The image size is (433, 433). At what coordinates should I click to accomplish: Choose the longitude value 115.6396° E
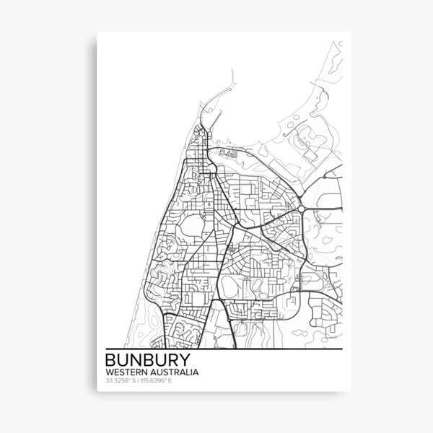pyautogui.click(x=158, y=380)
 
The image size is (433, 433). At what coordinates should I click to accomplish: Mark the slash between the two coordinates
pyautogui.click(x=139, y=380)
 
